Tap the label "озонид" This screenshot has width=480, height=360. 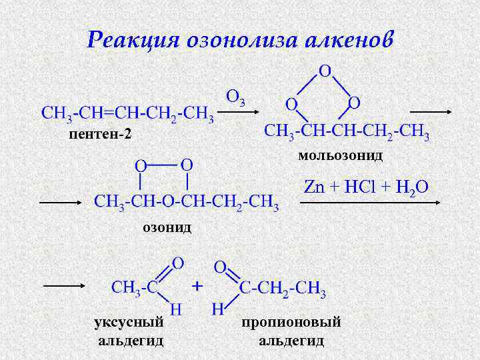(x=167, y=227)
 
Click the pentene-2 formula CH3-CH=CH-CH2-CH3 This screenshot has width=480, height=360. (x=127, y=113)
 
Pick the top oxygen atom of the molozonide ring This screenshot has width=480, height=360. (x=326, y=71)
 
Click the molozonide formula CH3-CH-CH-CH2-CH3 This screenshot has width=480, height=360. (x=347, y=130)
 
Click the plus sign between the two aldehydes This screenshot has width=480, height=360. (x=197, y=286)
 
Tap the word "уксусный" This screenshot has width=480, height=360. (x=129, y=323)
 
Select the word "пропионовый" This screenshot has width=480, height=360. (x=291, y=323)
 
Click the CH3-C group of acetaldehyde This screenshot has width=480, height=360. (x=133, y=287)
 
